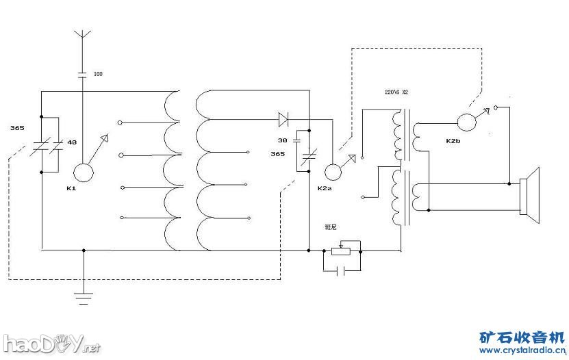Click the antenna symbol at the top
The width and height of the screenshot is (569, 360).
(x=82, y=34)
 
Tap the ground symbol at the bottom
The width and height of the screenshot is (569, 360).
(x=84, y=298)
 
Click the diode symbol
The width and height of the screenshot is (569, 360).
(x=283, y=119)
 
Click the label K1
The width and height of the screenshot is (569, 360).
(x=72, y=188)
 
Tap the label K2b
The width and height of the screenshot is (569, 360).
(x=453, y=141)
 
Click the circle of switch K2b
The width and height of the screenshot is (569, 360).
(x=466, y=122)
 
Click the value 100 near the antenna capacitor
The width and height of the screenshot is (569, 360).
(x=98, y=73)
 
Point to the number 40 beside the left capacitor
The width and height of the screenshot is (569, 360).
(x=71, y=142)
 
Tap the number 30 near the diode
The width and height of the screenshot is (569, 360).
(x=282, y=140)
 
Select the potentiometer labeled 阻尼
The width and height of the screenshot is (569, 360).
(x=340, y=250)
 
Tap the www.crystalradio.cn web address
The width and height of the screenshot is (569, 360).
(x=522, y=350)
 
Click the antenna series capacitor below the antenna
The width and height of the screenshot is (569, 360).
(x=82, y=74)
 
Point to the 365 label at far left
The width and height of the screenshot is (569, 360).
(x=18, y=128)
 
